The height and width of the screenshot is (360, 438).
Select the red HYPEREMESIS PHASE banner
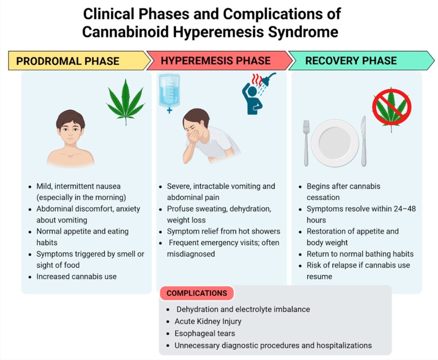pos(216,61)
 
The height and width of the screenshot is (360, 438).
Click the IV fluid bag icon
pos(169,92)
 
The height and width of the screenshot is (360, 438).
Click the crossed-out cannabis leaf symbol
pos(391,109)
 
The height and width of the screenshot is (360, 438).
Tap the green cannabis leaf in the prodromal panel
pos(126,101)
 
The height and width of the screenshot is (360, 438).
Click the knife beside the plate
pos(364,141)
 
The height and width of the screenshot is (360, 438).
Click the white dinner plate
pos(334,143)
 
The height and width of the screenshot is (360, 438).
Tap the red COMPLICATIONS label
pos(197,293)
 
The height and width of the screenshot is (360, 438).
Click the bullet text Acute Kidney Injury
pos(208,321)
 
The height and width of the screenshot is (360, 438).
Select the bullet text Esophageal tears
pos(204,333)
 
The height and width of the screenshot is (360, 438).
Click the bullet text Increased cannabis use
pos(76,277)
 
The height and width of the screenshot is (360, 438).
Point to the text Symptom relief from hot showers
pos(223,231)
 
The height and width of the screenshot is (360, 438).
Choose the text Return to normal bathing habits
pos(360,254)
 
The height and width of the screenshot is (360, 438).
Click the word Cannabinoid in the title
pos(129,32)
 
